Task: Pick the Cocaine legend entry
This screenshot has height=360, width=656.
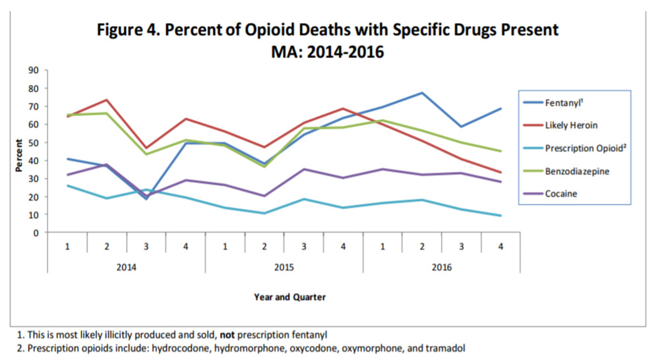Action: tap(561, 193)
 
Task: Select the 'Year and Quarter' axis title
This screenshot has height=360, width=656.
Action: tap(289, 297)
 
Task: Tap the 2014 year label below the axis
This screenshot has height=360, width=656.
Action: tap(127, 268)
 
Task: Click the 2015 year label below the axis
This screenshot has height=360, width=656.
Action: tap(283, 268)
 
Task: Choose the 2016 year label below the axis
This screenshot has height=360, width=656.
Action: tap(442, 268)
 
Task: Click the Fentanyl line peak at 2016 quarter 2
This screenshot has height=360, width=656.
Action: tap(422, 93)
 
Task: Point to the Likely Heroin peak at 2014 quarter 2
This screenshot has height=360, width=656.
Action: tap(106, 100)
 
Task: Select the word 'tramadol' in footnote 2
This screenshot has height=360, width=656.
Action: tap(447, 347)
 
